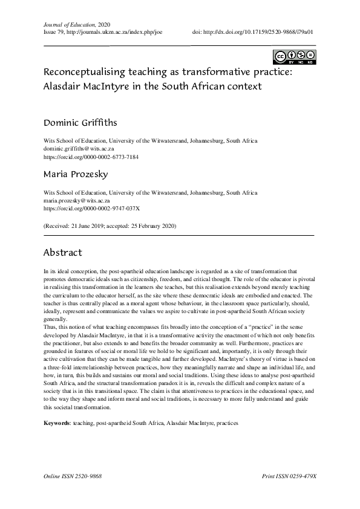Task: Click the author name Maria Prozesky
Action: click(75, 175)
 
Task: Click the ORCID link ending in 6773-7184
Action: click(91, 155)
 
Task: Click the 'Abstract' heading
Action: click(63, 252)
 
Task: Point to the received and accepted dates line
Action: click(110, 225)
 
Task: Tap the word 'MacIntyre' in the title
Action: click(112, 86)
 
